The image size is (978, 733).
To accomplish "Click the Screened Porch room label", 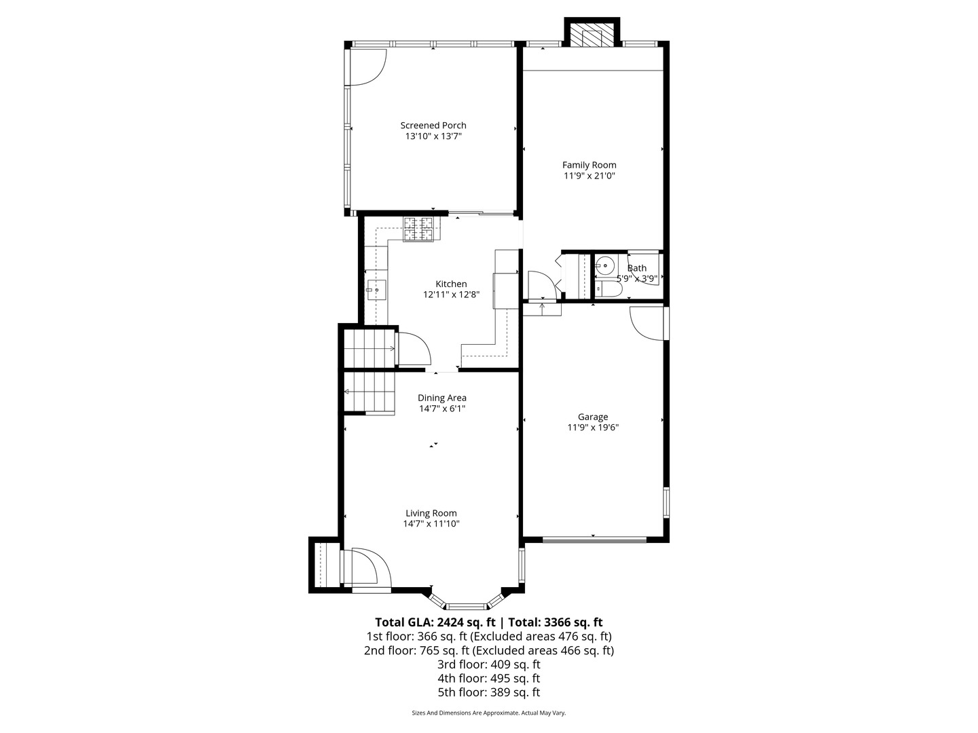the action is tap(433, 126).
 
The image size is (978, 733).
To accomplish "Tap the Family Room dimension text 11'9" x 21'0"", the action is tap(589, 176).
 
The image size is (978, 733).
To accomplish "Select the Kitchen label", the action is tap(451, 284).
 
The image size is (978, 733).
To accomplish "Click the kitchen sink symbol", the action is tap(376, 290).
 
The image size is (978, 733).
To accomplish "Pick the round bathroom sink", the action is tap(604, 265).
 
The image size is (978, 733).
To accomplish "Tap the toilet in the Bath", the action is tap(608, 290).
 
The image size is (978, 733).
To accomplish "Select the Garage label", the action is tap(593, 417).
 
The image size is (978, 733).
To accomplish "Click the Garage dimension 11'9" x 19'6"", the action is tap(593, 428).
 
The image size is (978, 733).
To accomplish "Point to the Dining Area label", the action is tap(442, 398).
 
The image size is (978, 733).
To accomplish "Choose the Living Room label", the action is tap(431, 513).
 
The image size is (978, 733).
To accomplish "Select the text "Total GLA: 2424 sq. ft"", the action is tap(435, 622).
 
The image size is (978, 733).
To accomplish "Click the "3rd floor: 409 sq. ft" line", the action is tap(489, 664).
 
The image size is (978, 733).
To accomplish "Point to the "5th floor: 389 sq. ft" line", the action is tap(489, 692).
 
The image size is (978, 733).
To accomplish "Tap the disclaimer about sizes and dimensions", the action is tap(489, 713).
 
